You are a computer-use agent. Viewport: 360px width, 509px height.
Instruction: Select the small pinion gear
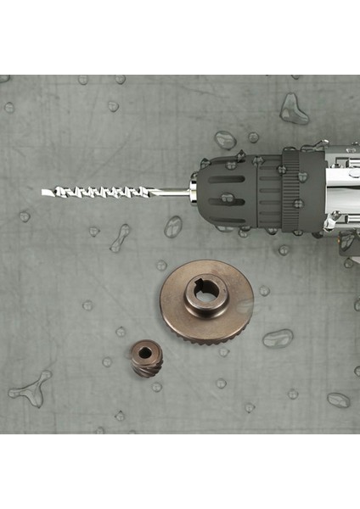(x=147, y=358)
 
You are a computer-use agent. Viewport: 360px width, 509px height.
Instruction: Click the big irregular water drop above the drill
(x=294, y=109)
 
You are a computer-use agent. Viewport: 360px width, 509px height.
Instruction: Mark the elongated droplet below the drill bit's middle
(x=120, y=238)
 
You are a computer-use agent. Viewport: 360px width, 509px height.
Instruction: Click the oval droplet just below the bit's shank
(x=173, y=226)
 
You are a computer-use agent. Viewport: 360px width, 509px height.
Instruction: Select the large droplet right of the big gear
(x=277, y=338)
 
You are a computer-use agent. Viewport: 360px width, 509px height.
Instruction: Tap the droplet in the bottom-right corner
(x=338, y=399)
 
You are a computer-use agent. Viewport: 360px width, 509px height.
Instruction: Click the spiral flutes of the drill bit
(x=102, y=193)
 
